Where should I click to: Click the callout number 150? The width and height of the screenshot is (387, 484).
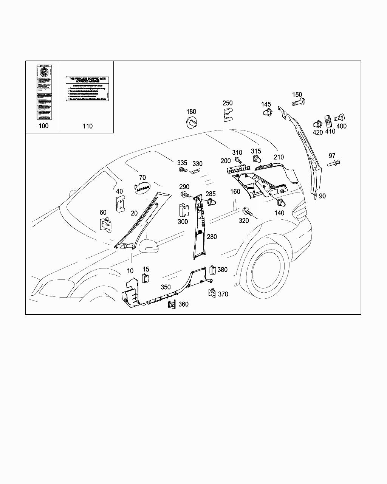click(x=297, y=95)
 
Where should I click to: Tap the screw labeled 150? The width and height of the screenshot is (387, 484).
click(x=298, y=102)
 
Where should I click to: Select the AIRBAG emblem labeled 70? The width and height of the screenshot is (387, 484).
click(x=142, y=188)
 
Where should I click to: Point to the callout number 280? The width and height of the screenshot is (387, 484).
click(x=212, y=237)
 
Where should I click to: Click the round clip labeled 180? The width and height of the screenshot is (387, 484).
click(x=192, y=123)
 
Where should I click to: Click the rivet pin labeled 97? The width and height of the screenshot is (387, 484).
click(x=333, y=163)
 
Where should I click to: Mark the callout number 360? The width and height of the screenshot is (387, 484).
click(x=183, y=304)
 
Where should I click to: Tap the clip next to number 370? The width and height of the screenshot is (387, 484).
click(x=212, y=293)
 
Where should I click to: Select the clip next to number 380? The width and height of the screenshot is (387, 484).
click(x=212, y=270)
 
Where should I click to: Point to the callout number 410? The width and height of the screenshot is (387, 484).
click(x=330, y=132)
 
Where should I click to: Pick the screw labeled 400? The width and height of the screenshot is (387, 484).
click(x=340, y=118)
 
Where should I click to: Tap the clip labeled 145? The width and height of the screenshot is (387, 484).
click(x=267, y=112)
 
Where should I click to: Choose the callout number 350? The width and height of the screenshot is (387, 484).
click(x=166, y=287)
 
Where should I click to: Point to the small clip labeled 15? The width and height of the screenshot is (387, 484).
click(x=145, y=278)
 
